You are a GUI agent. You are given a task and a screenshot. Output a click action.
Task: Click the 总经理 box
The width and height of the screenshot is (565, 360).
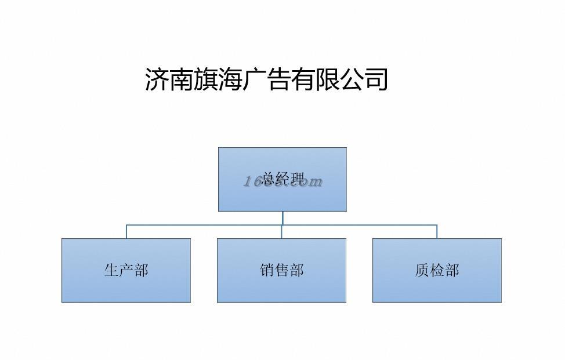coord(282,179)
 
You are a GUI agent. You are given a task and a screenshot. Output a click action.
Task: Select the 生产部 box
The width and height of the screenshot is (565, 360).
coord(126,270)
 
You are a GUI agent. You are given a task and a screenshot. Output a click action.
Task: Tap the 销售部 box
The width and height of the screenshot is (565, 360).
coord(281,270)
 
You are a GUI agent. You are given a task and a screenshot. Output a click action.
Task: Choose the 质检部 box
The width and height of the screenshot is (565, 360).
coord(437,270)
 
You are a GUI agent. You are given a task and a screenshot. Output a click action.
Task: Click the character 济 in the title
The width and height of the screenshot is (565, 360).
coord(157,79)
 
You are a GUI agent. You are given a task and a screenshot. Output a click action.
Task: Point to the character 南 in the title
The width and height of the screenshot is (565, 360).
coord(181,79)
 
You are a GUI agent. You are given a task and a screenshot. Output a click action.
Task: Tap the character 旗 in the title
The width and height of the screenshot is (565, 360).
coord(205,79)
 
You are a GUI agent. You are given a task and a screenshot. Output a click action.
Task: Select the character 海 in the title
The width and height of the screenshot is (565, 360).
coord(230,79)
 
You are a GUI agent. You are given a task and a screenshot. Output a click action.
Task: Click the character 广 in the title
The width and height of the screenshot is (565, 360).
coord(254,79)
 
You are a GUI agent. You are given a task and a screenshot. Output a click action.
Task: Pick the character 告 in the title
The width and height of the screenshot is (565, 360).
coord(278,79)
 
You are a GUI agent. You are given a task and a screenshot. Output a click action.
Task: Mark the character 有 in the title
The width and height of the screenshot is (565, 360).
coord(303,79)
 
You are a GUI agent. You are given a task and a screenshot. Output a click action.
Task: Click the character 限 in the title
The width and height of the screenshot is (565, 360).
coord(327,79)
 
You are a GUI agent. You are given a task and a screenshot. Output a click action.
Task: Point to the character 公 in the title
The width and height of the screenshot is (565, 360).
coord(352,79)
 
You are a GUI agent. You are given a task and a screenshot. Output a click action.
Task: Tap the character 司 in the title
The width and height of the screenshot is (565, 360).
coord(376,79)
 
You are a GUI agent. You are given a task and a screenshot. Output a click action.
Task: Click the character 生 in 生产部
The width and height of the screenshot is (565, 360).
coord(111,270)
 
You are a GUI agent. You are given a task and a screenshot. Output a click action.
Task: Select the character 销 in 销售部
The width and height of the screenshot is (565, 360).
coord(267,270)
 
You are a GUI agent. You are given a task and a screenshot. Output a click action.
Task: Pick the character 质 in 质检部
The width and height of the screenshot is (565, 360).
coord(422,270)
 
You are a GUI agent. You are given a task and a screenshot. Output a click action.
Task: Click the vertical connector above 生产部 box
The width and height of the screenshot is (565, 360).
coord(126,231)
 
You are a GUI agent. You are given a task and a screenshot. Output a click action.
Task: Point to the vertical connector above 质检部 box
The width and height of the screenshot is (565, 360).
coord(437,231)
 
